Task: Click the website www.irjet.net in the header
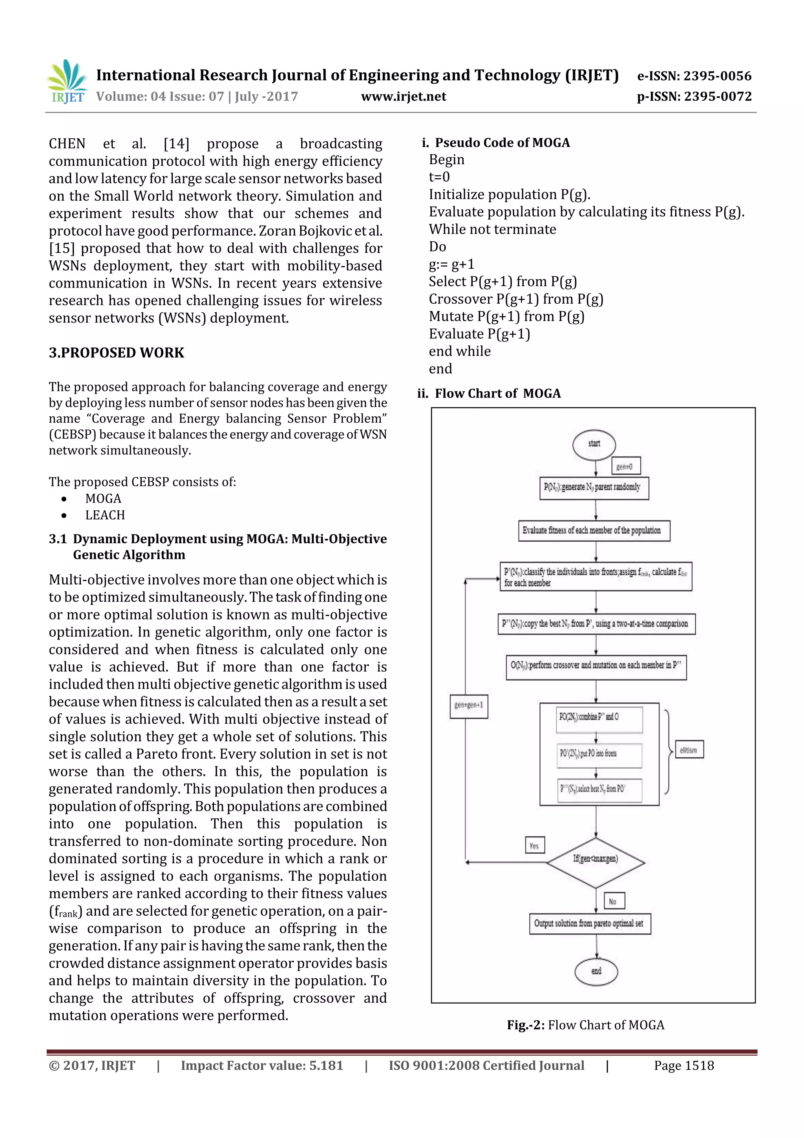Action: point(403,97)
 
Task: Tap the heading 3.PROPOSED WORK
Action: point(117,353)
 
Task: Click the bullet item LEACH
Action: point(105,515)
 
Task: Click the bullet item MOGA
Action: point(103,498)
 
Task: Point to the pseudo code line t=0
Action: point(439,177)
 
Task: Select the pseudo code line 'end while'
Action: point(460,352)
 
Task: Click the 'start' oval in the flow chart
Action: point(594,444)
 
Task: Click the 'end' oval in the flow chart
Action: point(596,971)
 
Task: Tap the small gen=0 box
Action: point(624,466)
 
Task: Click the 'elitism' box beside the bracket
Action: point(689,750)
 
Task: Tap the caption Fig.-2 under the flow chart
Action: point(585,1025)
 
